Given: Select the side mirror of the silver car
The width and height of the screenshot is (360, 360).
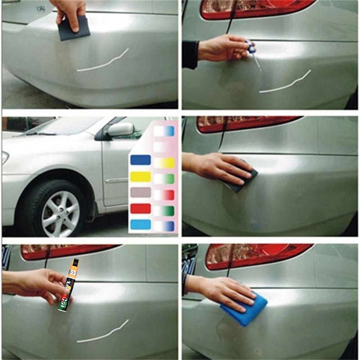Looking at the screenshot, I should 120,129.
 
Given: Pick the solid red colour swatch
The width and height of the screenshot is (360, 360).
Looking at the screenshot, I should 140,209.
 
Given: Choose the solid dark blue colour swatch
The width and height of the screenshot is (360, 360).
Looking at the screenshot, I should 140,160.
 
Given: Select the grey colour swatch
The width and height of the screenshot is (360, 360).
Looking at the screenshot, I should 140,192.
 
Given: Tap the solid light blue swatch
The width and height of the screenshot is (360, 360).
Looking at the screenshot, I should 140,225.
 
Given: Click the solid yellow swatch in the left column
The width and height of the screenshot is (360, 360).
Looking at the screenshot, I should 140,177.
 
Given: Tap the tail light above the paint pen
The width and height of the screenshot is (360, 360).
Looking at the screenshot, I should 68,252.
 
